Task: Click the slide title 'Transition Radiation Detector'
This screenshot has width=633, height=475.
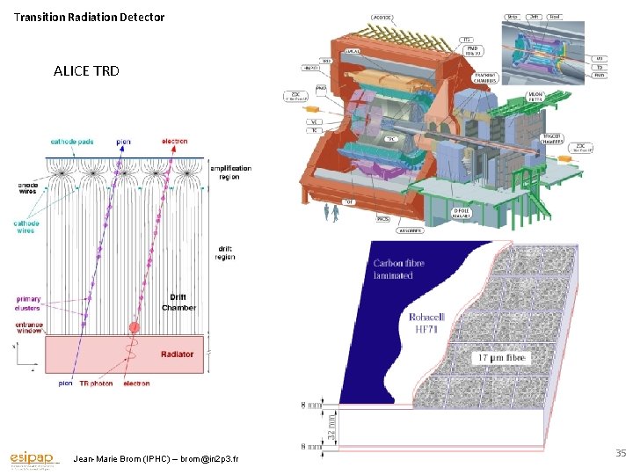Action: tap(89, 17)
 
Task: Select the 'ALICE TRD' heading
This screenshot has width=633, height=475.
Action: tap(86, 70)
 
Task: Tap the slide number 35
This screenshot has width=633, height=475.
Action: tap(620, 453)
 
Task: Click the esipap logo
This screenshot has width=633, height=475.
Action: tap(33, 459)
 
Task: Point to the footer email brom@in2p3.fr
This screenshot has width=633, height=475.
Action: tap(207, 459)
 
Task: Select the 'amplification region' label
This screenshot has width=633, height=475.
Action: tap(229, 172)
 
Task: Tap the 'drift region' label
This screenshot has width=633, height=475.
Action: tap(226, 252)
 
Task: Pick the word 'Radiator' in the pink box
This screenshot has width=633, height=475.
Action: tap(177, 354)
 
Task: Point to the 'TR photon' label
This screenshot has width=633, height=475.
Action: tap(97, 384)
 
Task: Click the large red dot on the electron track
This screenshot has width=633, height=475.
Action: tap(135, 328)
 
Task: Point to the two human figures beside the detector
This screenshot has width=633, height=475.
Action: tap(331, 212)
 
